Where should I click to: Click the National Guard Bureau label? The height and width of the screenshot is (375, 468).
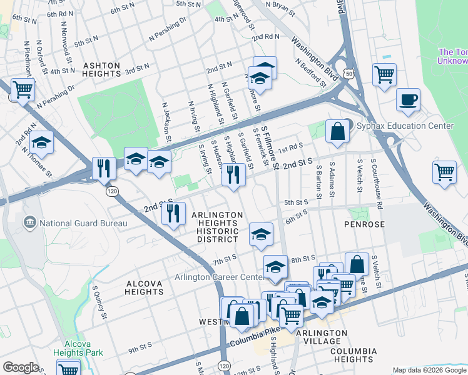pyautogui.click(x=83, y=223)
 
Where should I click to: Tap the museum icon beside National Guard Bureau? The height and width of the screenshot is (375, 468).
pyautogui.click(x=29, y=223)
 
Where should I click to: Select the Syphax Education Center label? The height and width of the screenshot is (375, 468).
pyautogui.click(x=405, y=126)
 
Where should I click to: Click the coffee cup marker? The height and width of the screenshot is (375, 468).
pyautogui.click(x=408, y=100)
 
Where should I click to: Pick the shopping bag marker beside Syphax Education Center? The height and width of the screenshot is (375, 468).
pyautogui.click(x=337, y=131)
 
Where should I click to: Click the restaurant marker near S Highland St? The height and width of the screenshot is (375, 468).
pyautogui.click(x=233, y=174)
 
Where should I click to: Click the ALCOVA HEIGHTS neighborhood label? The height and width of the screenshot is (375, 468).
pyautogui.click(x=145, y=287)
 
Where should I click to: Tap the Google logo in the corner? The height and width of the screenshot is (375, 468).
pyautogui.click(x=21, y=367)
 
